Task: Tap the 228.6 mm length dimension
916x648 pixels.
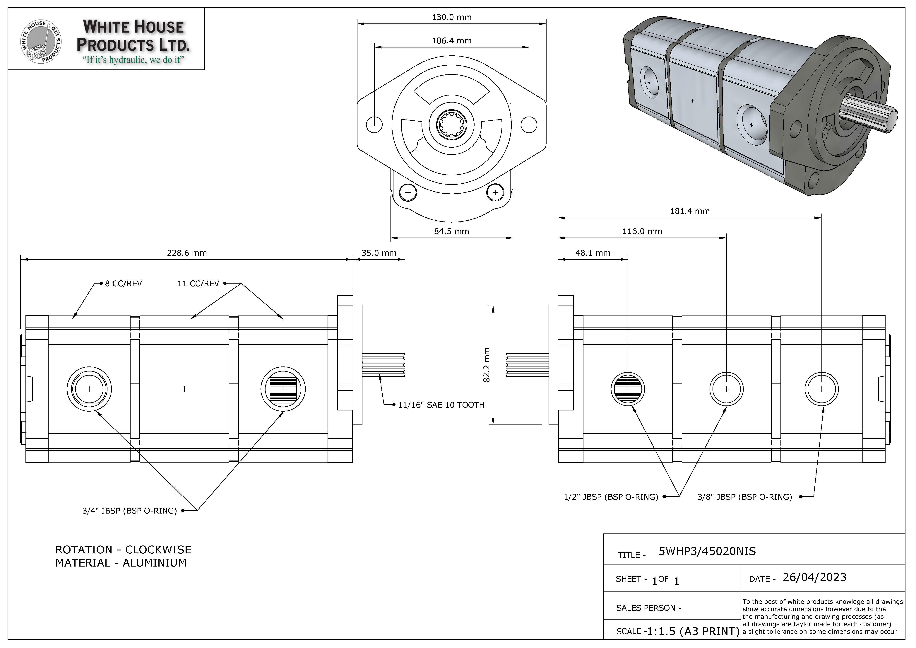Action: (x=187, y=253)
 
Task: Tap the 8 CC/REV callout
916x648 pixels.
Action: (x=123, y=284)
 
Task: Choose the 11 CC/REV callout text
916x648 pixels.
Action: (x=198, y=284)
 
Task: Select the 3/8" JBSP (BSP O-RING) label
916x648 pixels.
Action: (x=744, y=497)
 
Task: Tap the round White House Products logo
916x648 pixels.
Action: (x=41, y=42)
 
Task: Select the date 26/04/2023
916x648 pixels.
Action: (x=814, y=577)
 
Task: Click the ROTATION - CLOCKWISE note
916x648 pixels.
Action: (x=123, y=550)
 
